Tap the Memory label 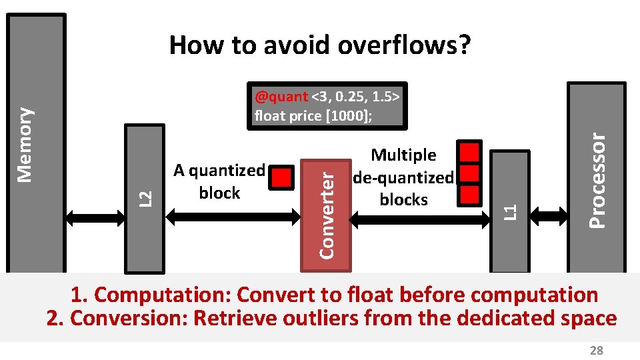(x=26, y=145)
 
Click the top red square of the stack (x=471, y=151)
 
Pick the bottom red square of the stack (x=471, y=195)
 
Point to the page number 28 (x=596, y=351)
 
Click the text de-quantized (x=403, y=177)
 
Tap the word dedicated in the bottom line (x=505, y=318)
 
